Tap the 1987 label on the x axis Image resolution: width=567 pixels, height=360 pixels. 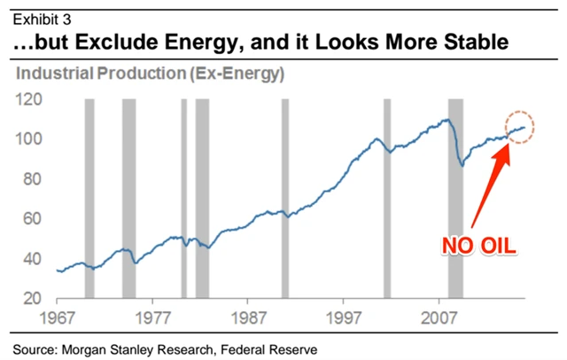coord(250,317)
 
